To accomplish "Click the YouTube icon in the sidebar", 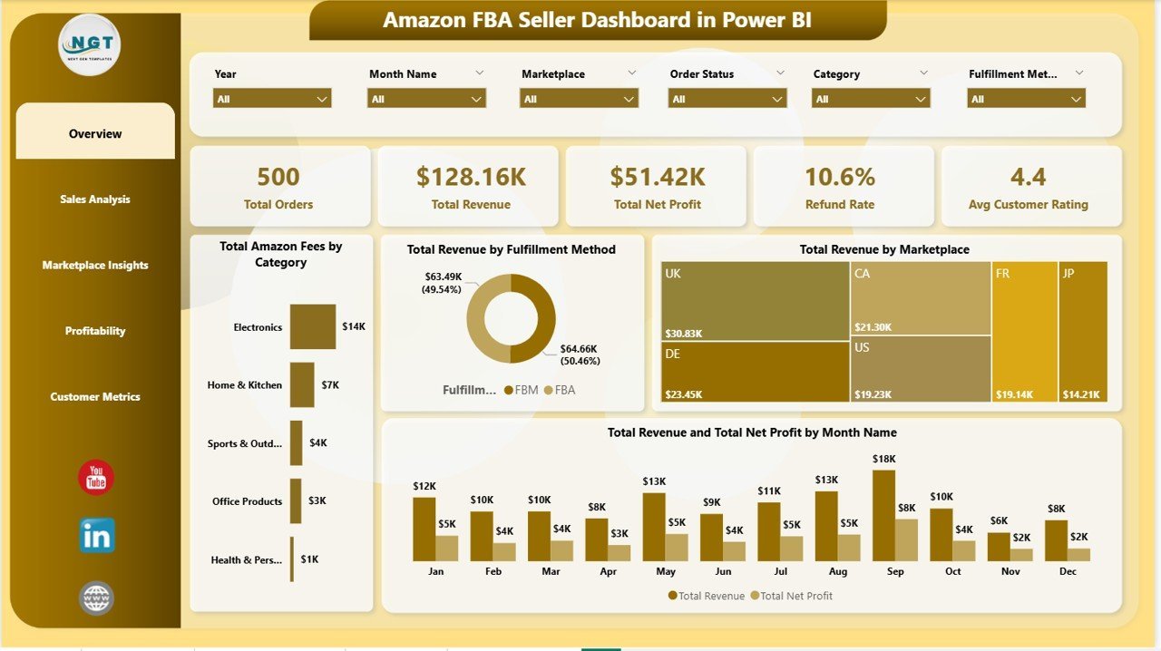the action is [x=96, y=477].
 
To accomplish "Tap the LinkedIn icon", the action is [x=97, y=536].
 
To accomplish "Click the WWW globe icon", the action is [x=96, y=598].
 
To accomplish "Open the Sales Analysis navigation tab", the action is [x=95, y=199].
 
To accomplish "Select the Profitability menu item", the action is [x=95, y=331].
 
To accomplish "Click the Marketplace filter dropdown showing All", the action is [x=579, y=99].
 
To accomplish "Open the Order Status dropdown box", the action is [x=727, y=99].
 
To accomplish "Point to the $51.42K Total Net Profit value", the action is [x=658, y=177].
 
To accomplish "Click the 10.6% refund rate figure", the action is [x=840, y=177].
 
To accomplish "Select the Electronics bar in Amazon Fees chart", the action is [x=313, y=326].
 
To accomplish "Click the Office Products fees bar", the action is [x=296, y=500].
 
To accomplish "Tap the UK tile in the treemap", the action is [x=756, y=301].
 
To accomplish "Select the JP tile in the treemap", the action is [x=1083, y=332].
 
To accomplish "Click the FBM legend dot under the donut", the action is [x=509, y=390].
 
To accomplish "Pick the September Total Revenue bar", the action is [x=883, y=516].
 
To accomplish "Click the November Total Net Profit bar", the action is [x=1021, y=555].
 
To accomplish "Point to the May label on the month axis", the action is [x=666, y=571].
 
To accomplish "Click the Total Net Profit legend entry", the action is [x=792, y=596].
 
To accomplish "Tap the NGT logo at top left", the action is [x=89, y=44].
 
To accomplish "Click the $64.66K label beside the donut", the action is [x=579, y=349].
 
